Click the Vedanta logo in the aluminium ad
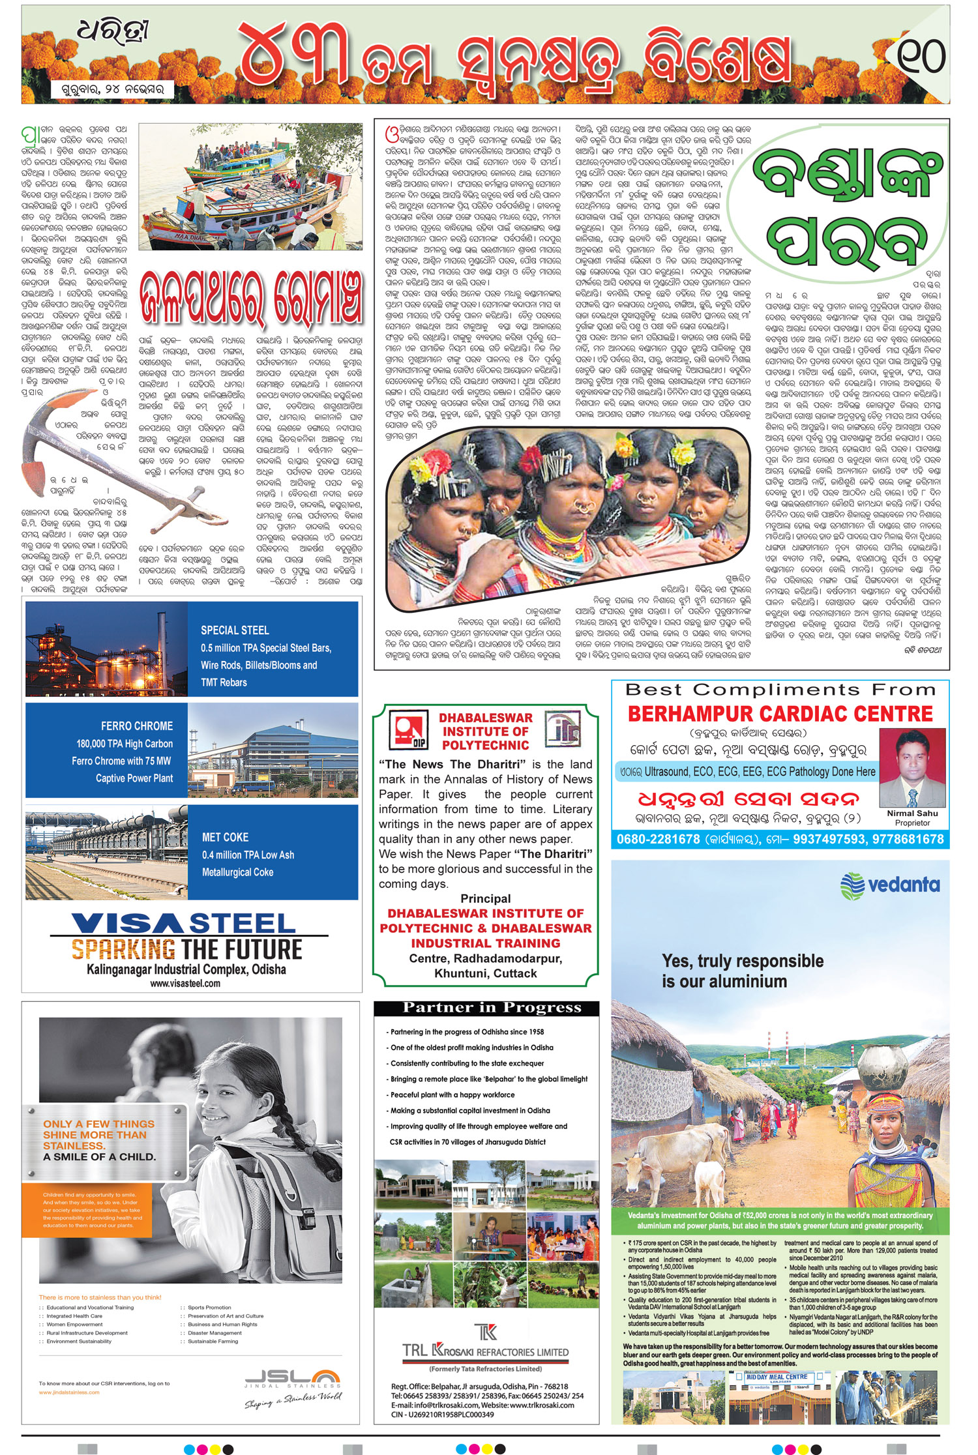pyautogui.click(x=890, y=885)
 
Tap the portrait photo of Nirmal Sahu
pyautogui.click(x=912, y=768)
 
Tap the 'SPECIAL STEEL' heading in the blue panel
pyautogui.click(x=235, y=630)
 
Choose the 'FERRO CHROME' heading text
pyautogui.click(x=137, y=726)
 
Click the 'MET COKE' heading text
pyautogui.click(x=225, y=837)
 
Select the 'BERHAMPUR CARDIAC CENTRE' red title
pyautogui.click(x=780, y=714)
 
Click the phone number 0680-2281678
pyautogui.click(x=658, y=840)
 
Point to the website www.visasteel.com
pyautogui.click(x=185, y=983)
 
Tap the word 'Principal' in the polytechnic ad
pyautogui.click(x=486, y=898)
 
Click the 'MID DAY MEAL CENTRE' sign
pyautogui.click(x=777, y=1377)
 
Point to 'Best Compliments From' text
pyautogui.click(x=780, y=690)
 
